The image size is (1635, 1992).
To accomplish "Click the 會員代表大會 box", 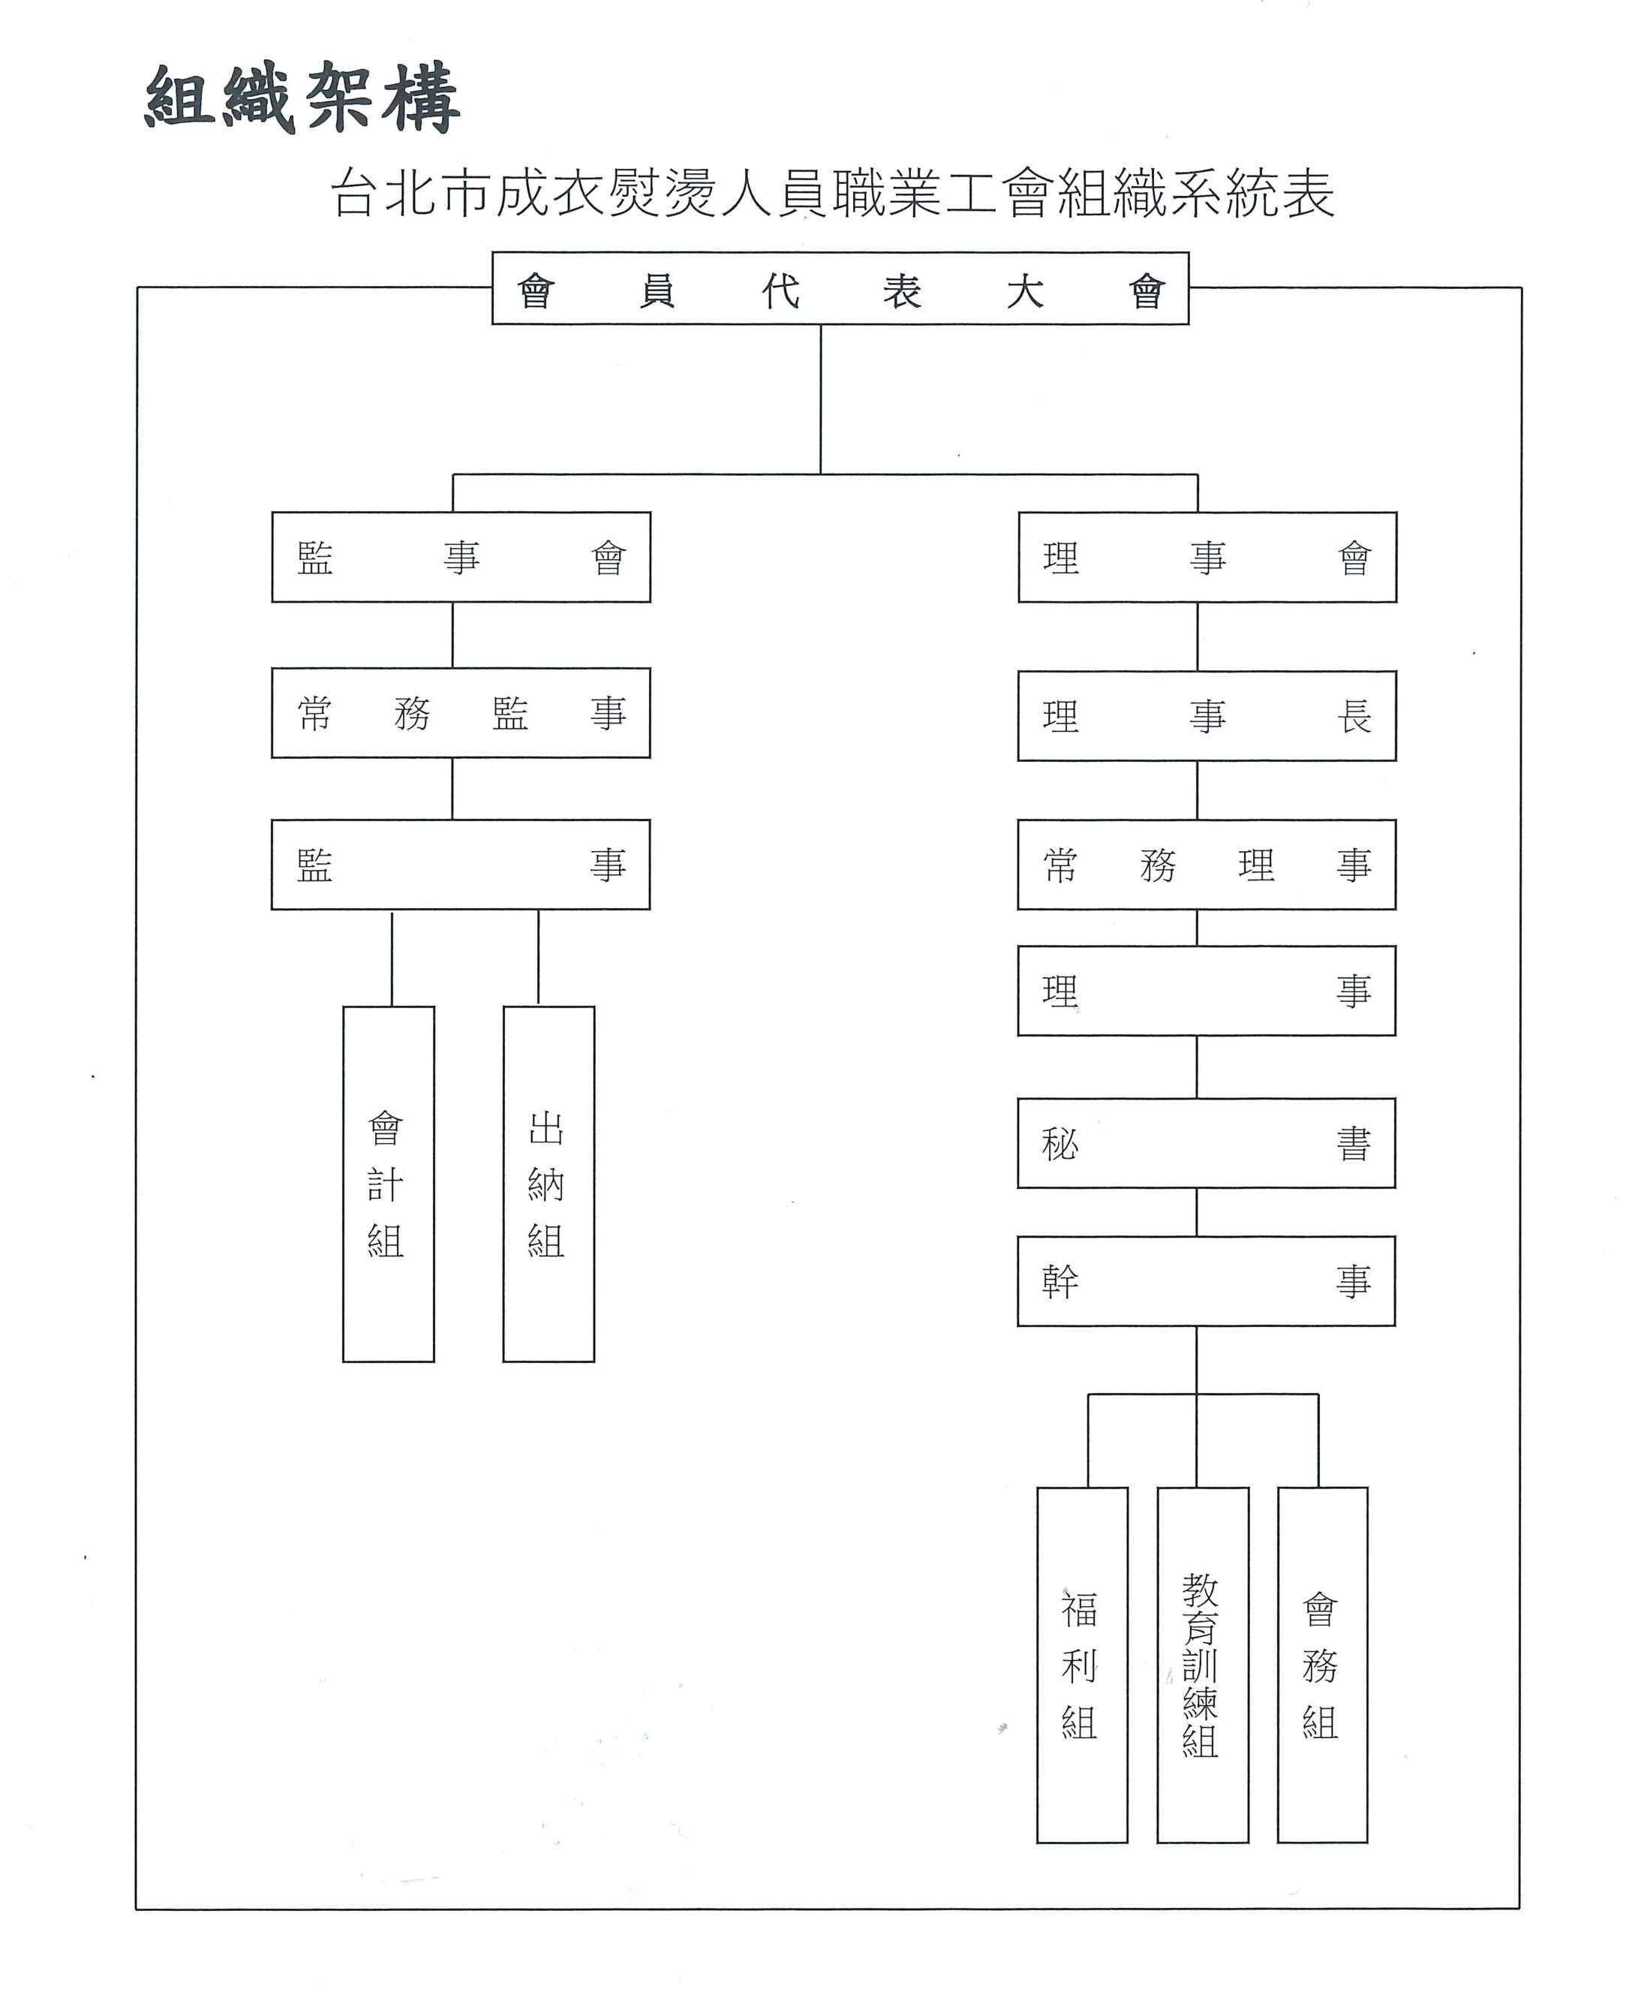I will tap(840, 288).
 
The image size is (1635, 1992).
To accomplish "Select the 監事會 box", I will tap(461, 557).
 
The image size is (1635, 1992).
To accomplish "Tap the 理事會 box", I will tap(1207, 557).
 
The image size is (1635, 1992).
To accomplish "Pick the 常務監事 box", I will tap(461, 713).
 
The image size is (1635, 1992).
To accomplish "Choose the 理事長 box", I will tap(1207, 716).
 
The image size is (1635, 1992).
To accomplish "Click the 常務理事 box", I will tap(1207, 864).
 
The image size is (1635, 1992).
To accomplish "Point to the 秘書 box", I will tap(1207, 1143).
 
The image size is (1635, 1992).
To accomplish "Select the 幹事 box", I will tap(1207, 1281).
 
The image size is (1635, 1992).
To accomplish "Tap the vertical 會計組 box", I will tap(388, 1184).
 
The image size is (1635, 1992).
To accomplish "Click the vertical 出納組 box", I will tap(549, 1184).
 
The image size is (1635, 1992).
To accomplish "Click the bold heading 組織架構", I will tap(302, 98).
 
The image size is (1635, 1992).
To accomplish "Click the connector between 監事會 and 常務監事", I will tap(453, 635).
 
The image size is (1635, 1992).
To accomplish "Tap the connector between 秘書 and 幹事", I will tap(1197, 1212).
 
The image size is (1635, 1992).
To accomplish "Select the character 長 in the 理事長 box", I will tap(1354, 717).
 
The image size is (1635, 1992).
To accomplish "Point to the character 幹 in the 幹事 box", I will tap(1060, 1282).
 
